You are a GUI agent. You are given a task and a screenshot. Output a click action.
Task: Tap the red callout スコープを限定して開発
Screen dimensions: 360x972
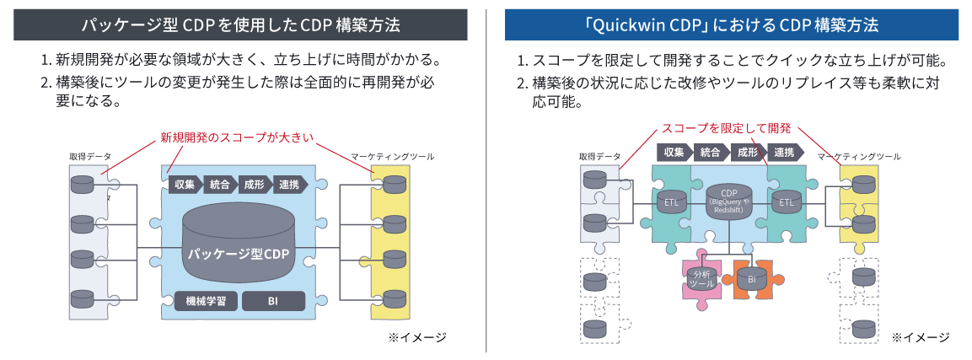pos(726,128)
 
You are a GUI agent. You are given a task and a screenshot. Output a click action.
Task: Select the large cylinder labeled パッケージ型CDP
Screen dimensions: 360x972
pos(239,244)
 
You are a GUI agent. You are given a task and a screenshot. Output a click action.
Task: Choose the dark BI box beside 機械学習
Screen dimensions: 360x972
pos(272,301)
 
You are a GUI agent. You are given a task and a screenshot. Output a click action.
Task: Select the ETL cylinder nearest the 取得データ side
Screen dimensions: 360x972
pos(671,203)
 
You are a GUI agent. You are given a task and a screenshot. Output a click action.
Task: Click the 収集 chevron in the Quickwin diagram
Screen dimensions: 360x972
pos(673,153)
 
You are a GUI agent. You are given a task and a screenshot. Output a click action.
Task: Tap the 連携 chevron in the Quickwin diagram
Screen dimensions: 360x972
pos(784,153)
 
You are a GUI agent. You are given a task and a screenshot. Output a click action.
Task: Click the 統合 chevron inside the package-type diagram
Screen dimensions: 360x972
pos(219,185)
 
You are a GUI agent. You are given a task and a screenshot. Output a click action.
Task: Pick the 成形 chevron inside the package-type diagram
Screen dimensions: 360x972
pos(254,185)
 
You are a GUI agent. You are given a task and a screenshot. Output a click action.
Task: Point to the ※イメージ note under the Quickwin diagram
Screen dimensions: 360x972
pos(920,337)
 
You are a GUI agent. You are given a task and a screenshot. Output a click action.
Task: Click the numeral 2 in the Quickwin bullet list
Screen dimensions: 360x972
pos(522,83)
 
